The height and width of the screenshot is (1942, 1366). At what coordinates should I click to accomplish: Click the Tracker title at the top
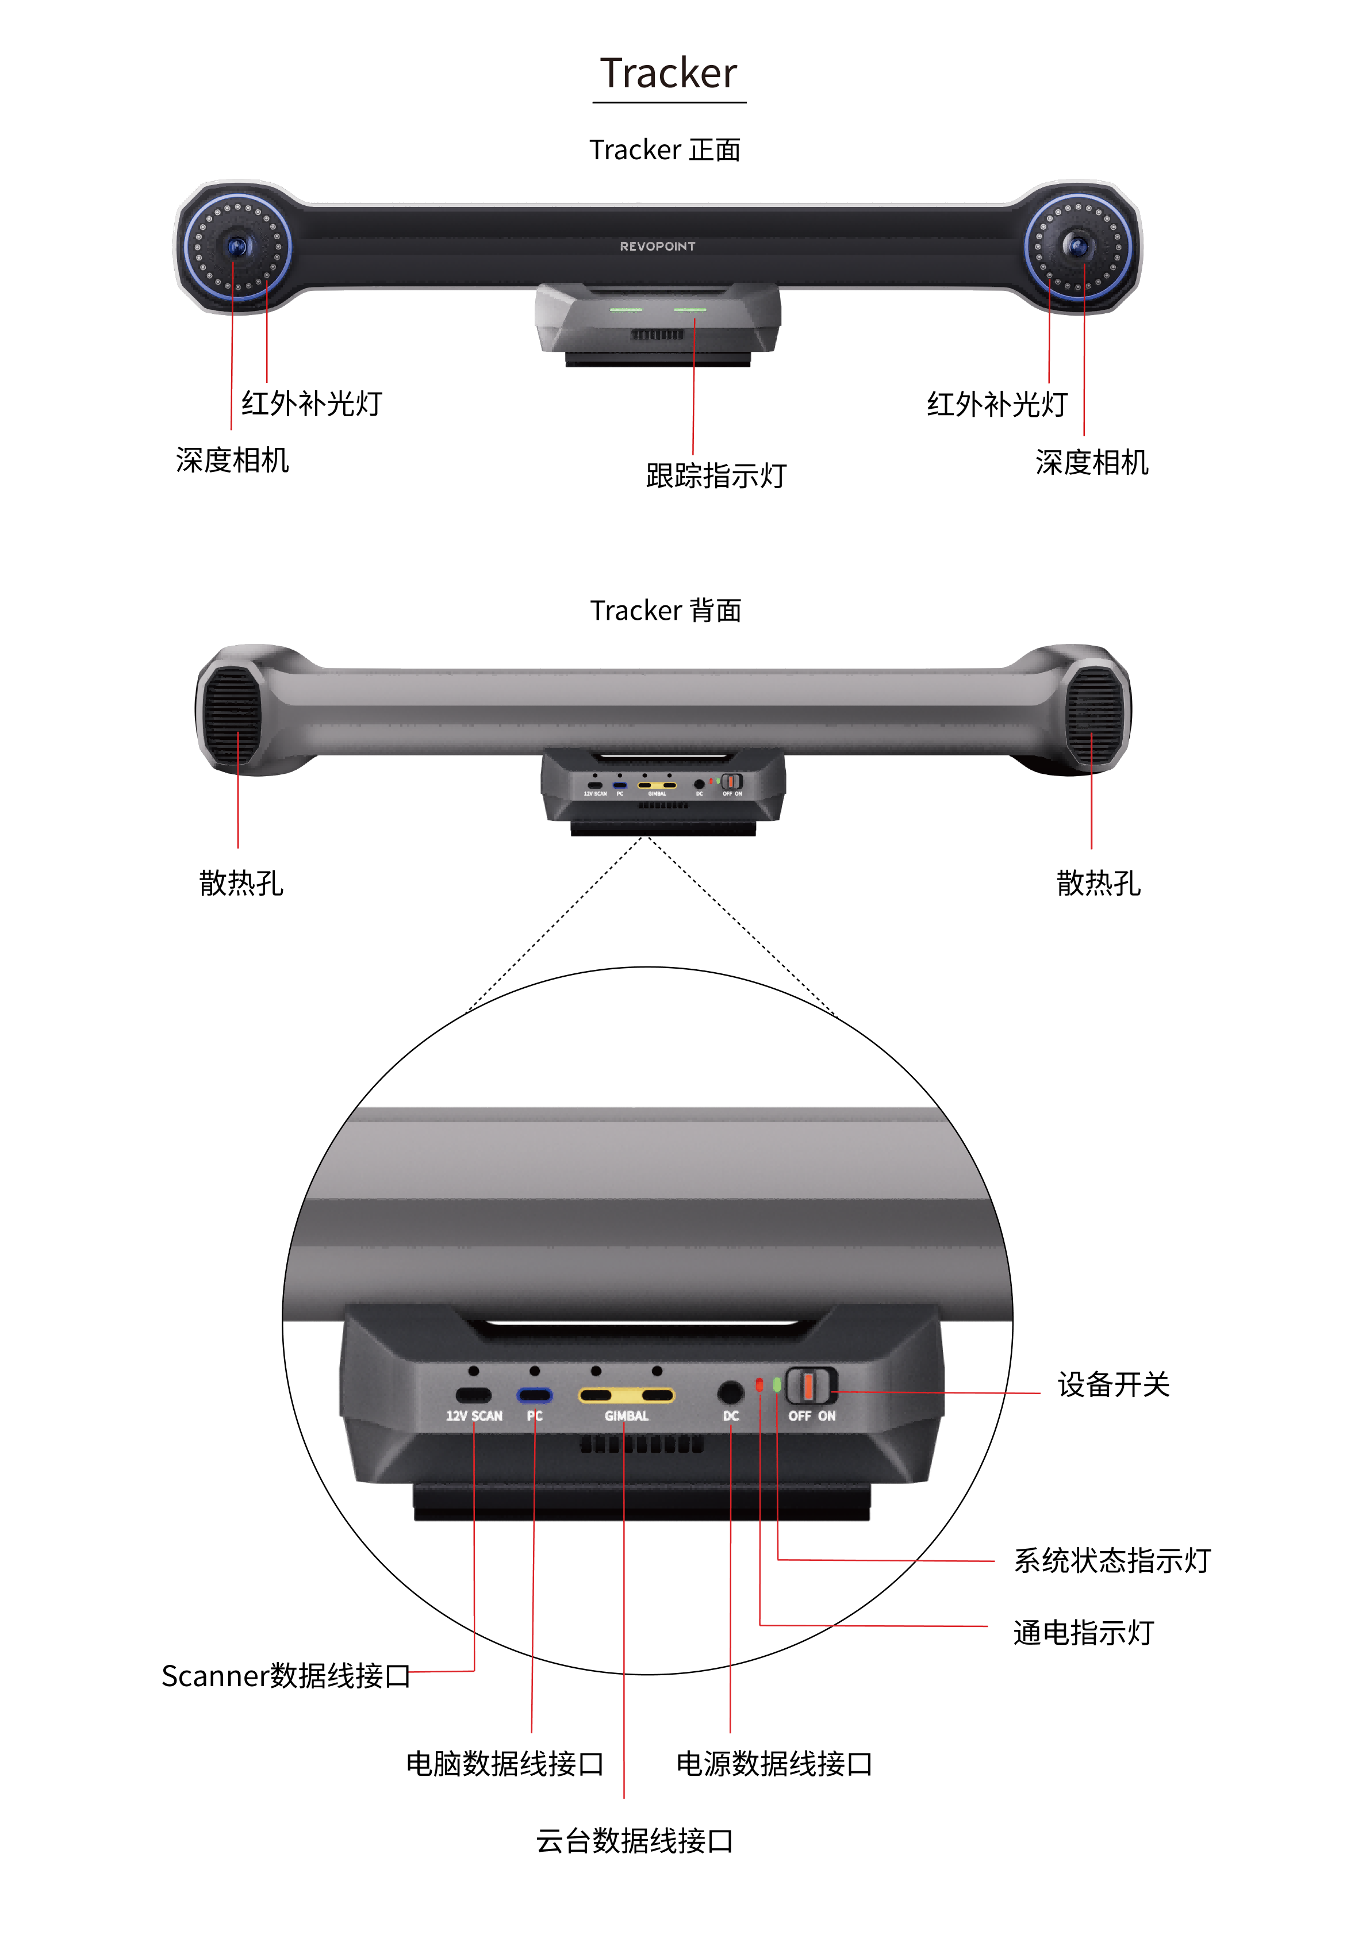coord(668,74)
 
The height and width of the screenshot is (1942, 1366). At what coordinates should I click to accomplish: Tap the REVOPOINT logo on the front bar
coord(657,246)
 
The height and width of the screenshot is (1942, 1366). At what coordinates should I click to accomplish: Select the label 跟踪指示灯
coord(716,475)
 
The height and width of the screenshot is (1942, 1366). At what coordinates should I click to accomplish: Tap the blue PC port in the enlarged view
coord(535,1395)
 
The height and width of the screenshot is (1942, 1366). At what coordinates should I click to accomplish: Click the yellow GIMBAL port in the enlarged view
coord(626,1395)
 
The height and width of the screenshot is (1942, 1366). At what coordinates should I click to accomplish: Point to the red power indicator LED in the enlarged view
coord(759,1384)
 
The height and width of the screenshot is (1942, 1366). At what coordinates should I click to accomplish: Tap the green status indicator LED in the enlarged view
coord(777,1384)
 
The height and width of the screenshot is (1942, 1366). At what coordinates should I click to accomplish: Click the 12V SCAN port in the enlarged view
coord(474,1395)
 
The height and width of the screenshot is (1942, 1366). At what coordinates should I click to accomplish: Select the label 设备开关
coord(1113,1384)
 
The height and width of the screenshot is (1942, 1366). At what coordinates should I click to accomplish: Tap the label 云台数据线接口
coord(634,1840)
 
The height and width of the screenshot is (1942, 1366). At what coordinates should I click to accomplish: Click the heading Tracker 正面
coord(665,149)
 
